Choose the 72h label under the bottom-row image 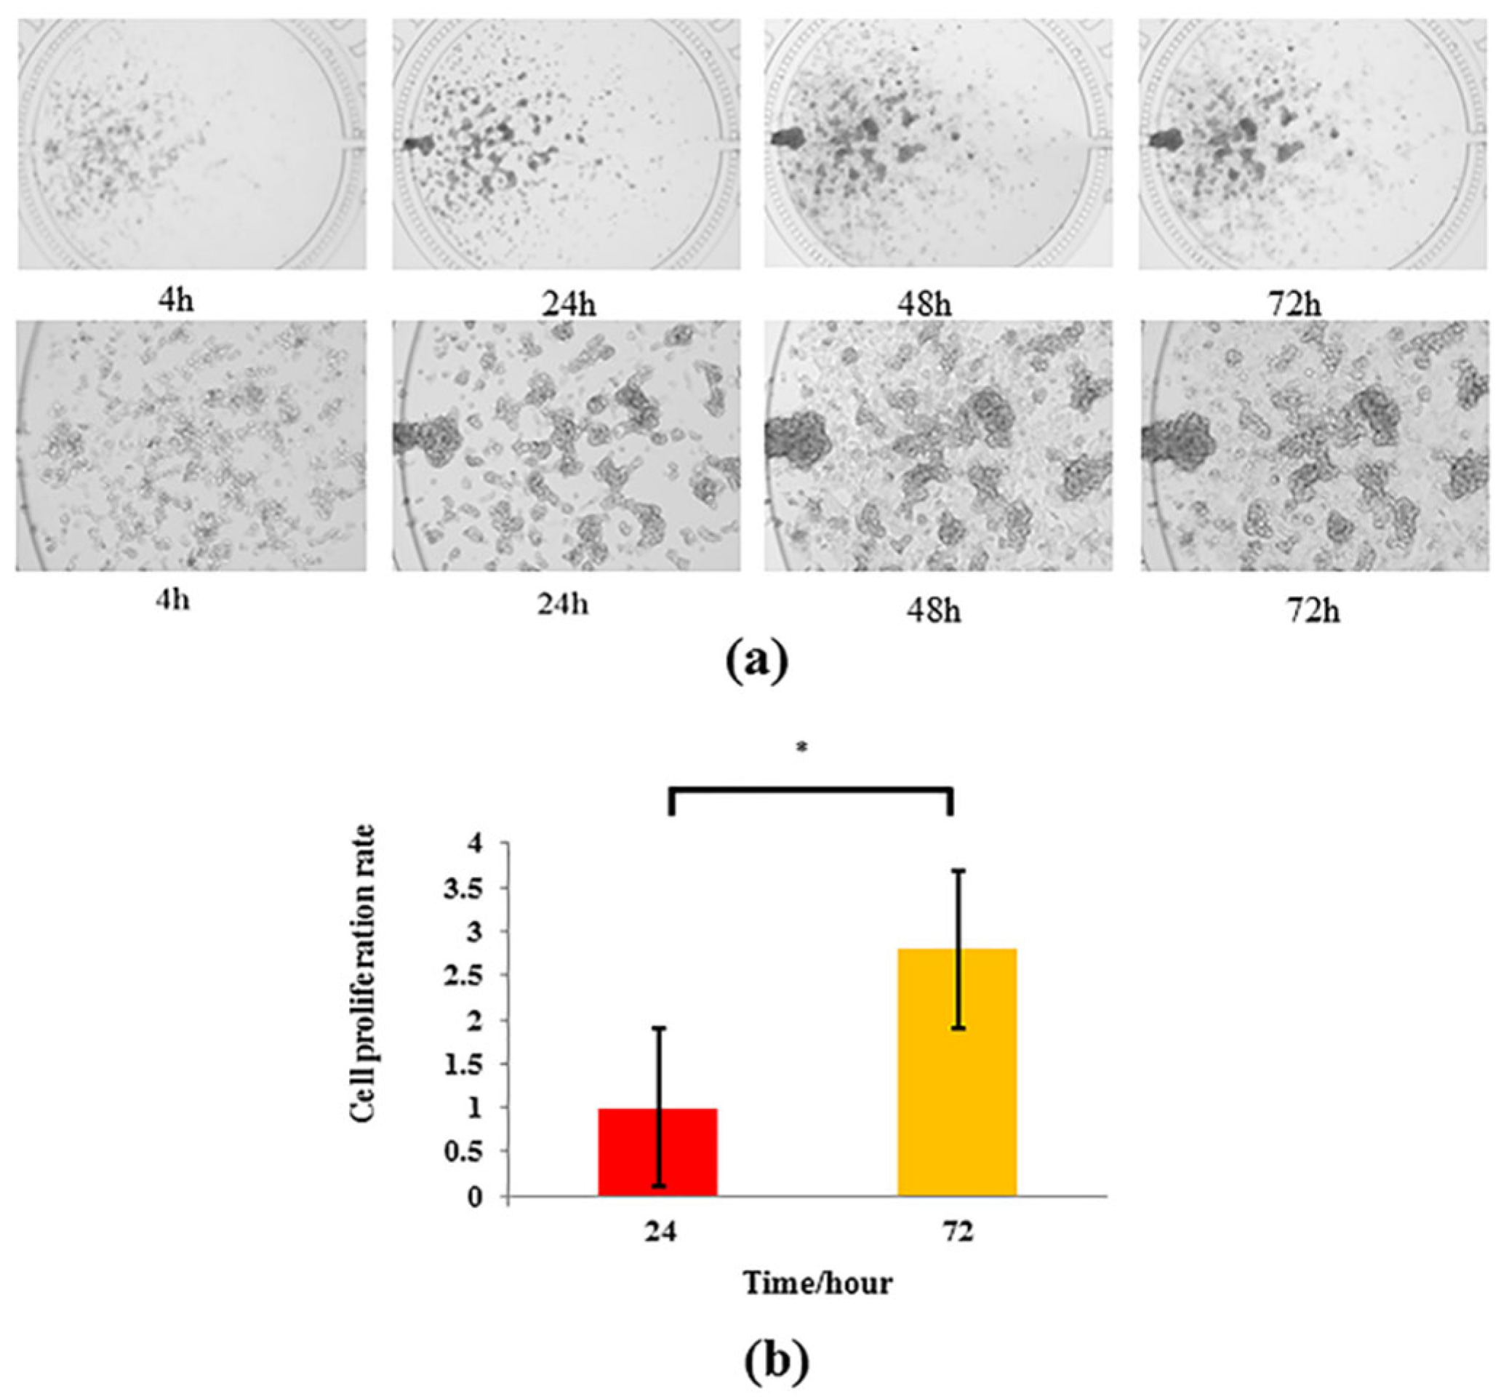(1313, 609)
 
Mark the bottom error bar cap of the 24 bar (660, 1185)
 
